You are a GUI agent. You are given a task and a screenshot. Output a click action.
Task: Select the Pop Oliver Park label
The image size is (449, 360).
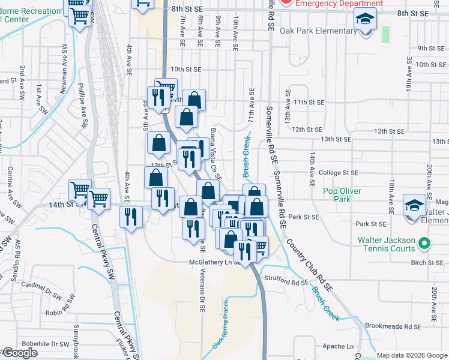345,195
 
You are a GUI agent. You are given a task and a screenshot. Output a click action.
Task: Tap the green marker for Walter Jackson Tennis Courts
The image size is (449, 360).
424,244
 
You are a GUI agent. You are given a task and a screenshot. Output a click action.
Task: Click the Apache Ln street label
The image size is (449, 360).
338,346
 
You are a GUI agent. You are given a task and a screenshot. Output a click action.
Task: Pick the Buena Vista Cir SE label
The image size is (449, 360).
216,154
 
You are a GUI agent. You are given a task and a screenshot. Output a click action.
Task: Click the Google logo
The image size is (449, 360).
20,353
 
